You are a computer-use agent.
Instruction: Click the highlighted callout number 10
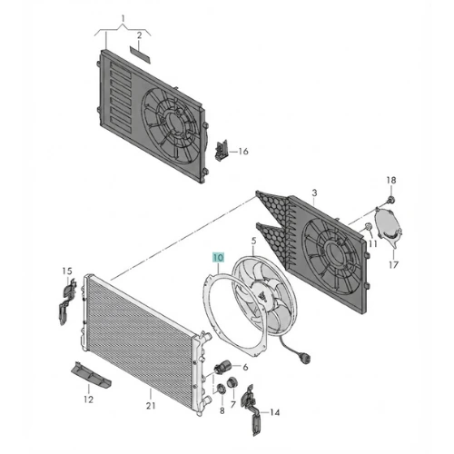[x=218, y=258]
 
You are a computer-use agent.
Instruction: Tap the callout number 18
[x=391, y=181]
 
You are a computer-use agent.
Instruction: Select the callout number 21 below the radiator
[x=151, y=406]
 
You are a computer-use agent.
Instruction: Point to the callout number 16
[x=243, y=152]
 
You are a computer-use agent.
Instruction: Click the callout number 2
[x=139, y=35]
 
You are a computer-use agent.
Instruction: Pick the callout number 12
[x=88, y=400]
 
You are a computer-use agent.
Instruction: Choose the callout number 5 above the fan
[x=253, y=242]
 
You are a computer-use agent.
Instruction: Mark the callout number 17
[x=393, y=265]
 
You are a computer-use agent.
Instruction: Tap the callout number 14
[x=274, y=412]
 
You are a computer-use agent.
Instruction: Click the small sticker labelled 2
[x=140, y=54]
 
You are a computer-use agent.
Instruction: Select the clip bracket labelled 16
[x=222, y=150]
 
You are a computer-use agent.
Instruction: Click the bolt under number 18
[x=390, y=200]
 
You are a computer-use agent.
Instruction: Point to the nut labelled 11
[x=368, y=227]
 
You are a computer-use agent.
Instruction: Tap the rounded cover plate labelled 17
[x=388, y=225]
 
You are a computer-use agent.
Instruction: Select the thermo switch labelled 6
[x=222, y=367]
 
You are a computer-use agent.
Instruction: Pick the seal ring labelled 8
[x=222, y=389]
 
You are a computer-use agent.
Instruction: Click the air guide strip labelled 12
[x=91, y=375]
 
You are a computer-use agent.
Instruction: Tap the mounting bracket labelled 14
[x=252, y=410]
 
